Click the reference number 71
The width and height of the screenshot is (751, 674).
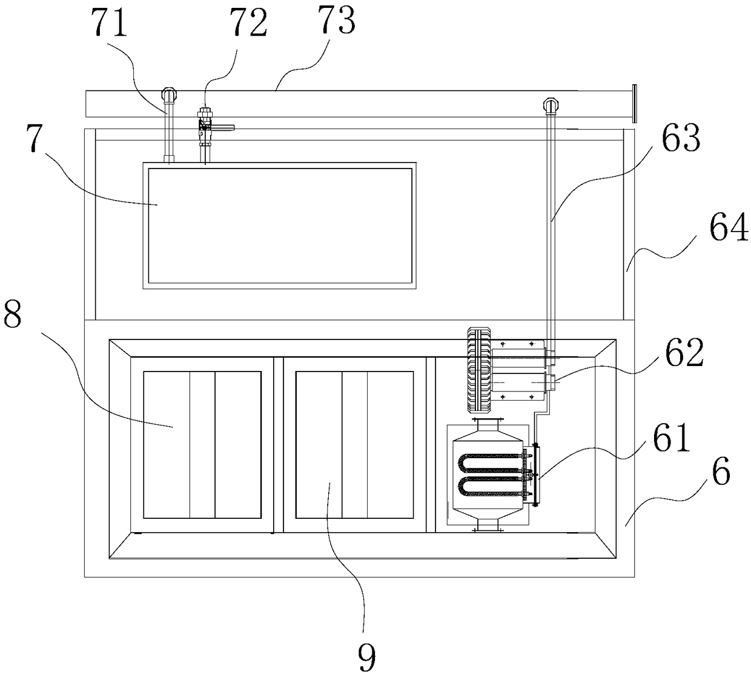110,23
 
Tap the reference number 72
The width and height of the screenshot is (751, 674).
248,22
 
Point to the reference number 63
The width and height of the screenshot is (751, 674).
681,138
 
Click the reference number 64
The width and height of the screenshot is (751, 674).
729,229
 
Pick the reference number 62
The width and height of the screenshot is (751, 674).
684,353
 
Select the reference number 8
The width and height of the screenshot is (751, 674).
12,314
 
